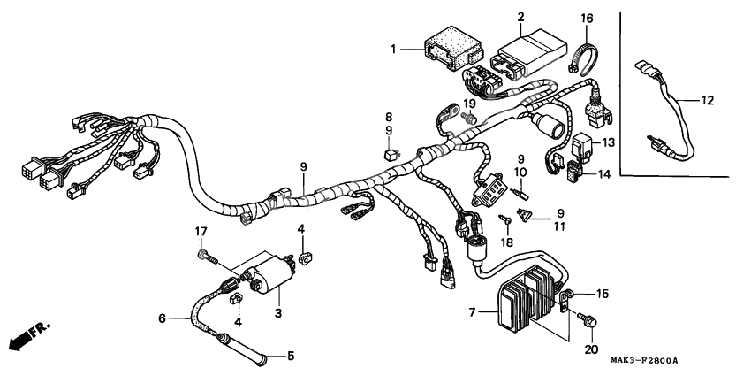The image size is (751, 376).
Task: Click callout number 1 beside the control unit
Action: tap(395, 50)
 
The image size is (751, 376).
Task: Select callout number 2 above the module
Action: tap(520, 17)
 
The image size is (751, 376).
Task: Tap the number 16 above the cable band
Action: tap(587, 19)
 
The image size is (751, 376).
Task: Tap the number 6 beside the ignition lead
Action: tap(162, 318)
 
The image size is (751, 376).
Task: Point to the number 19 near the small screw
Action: tap(470, 104)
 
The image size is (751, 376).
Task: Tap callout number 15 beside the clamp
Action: tap(603, 293)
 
